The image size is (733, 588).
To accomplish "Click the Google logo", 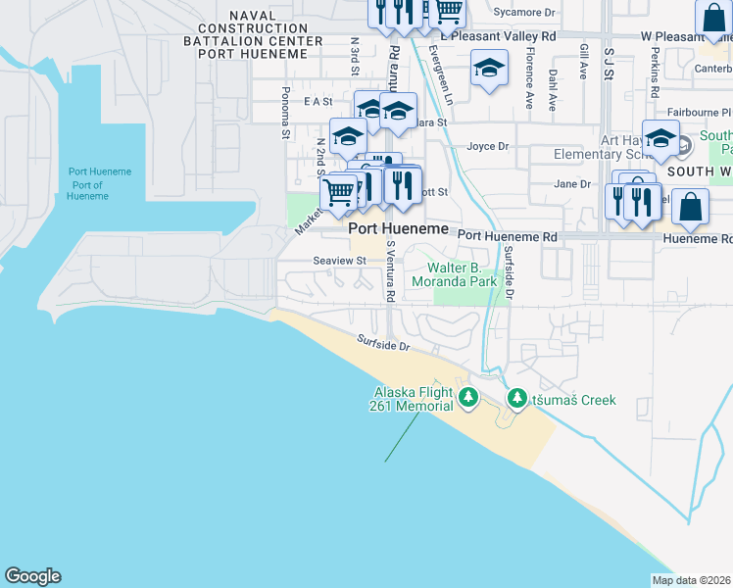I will point(32,576).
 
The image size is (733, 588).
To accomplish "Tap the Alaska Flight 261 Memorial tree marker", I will point(468,398).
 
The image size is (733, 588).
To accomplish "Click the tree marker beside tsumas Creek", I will point(516,399).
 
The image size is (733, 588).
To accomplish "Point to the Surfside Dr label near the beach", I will point(383,344).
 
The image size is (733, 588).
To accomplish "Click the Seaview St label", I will point(339,261).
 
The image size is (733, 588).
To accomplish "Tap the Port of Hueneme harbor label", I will point(99,184).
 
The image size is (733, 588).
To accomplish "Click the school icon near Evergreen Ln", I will point(489,70).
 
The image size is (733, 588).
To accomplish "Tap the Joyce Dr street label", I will point(488,147).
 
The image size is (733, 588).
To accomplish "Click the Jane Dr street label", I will point(572,183).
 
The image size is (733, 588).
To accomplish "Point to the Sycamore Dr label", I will point(524,13).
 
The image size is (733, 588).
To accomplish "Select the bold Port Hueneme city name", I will point(399,227).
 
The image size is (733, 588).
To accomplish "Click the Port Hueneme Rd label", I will point(507,236).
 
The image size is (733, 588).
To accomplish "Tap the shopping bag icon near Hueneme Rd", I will point(690,209).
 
